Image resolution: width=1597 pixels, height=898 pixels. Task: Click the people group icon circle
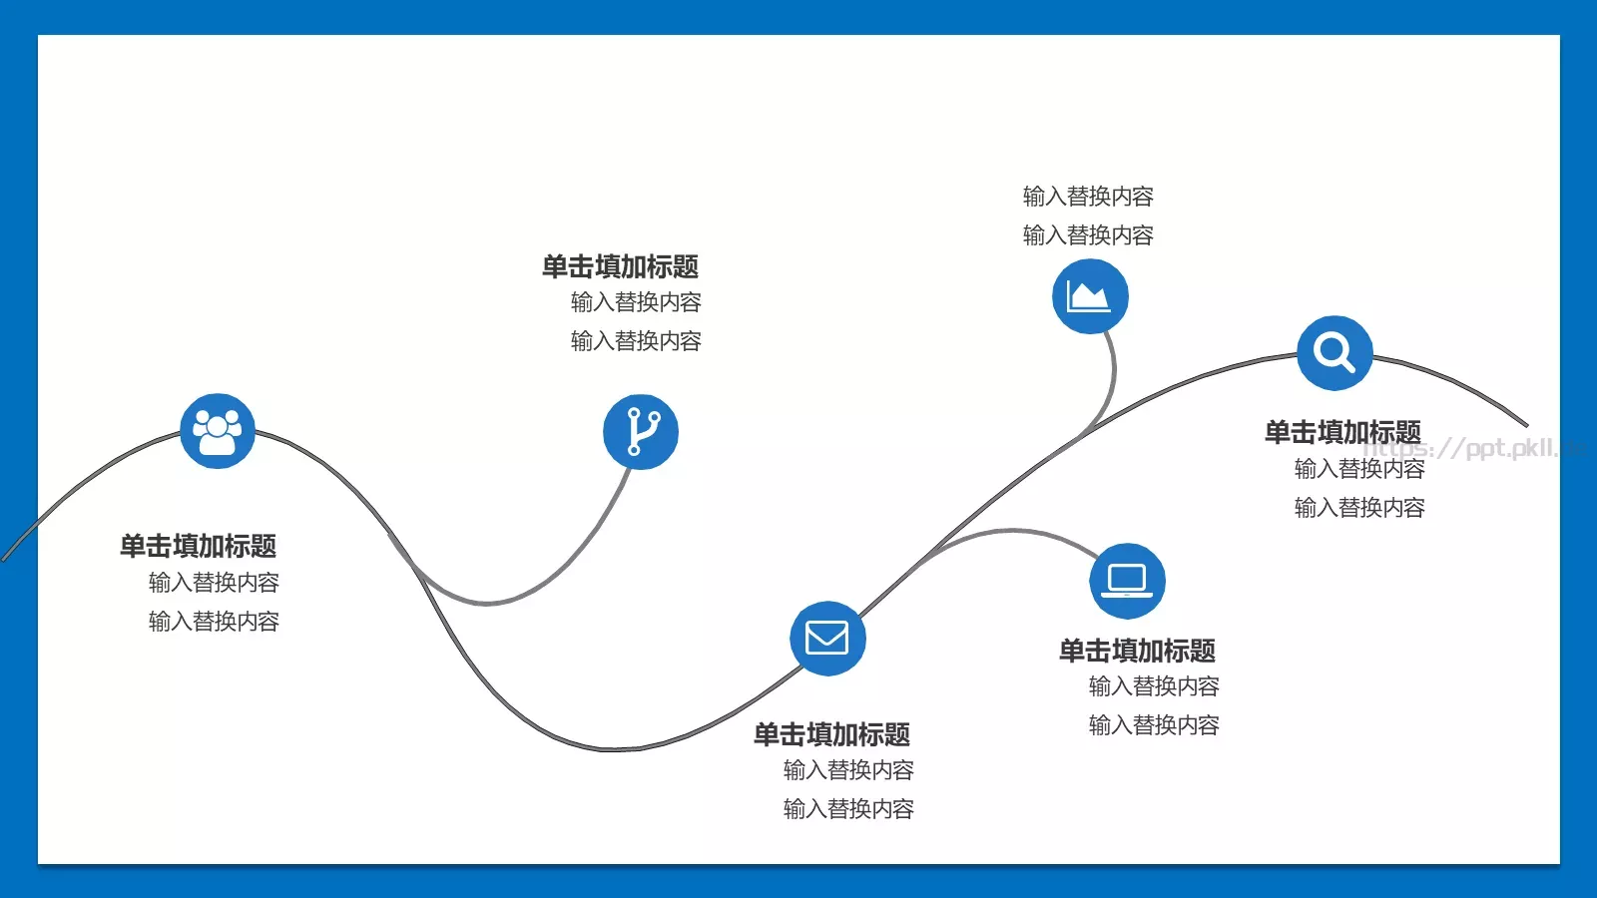[x=218, y=431]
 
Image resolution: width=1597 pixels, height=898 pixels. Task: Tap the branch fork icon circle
[x=640, y=432]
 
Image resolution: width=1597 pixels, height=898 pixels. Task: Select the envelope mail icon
[x=827, y=638]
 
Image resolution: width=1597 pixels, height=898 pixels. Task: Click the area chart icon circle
[x=1090, y=295]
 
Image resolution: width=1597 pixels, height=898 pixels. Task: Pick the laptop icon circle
[x=1127, y=581]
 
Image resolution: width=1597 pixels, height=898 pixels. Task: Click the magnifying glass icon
[x=1334, y=353]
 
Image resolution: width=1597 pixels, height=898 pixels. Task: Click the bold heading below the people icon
[x=199, y=546]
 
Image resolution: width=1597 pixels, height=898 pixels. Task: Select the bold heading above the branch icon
[x=620, y=266]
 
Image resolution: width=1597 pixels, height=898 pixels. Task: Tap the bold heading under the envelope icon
[x=832, y=734]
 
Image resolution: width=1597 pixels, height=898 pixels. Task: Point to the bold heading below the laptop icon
[x=1137, y=651]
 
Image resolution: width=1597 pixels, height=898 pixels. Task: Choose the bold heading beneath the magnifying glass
[x=1343, y=433]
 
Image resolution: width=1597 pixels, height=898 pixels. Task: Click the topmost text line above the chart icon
[x=1088, y=196]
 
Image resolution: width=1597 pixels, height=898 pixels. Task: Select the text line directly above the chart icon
[x=1088, y=234]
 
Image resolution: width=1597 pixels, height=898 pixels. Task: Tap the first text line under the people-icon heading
[x=214, y=583]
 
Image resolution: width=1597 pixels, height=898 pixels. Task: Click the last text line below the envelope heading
[x=848, y=809]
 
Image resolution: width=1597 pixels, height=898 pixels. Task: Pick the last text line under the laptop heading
[x=1154, y=724]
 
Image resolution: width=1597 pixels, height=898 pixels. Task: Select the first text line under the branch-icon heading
[x=636, y=302]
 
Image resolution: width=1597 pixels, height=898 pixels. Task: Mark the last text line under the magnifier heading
[x=1359, y=508]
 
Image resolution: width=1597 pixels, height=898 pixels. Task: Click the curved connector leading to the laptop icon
[x=1012, y=530]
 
